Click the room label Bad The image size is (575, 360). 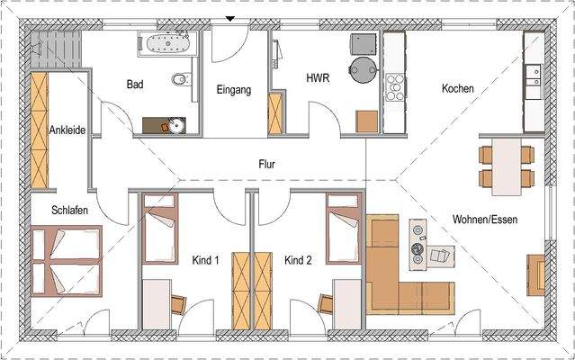point(135,85)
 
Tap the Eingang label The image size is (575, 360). point(232,90)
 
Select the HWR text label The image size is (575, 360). point(318,78)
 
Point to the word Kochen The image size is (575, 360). point(457,89)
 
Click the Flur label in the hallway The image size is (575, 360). point(265,165)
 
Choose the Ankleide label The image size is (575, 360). point(67,130)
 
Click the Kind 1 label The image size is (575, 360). point(206,261)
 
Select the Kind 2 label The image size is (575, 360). point(298,261)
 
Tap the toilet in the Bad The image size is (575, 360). point(181,80)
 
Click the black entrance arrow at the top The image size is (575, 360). point(232,19)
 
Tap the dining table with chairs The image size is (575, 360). point(506,166)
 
